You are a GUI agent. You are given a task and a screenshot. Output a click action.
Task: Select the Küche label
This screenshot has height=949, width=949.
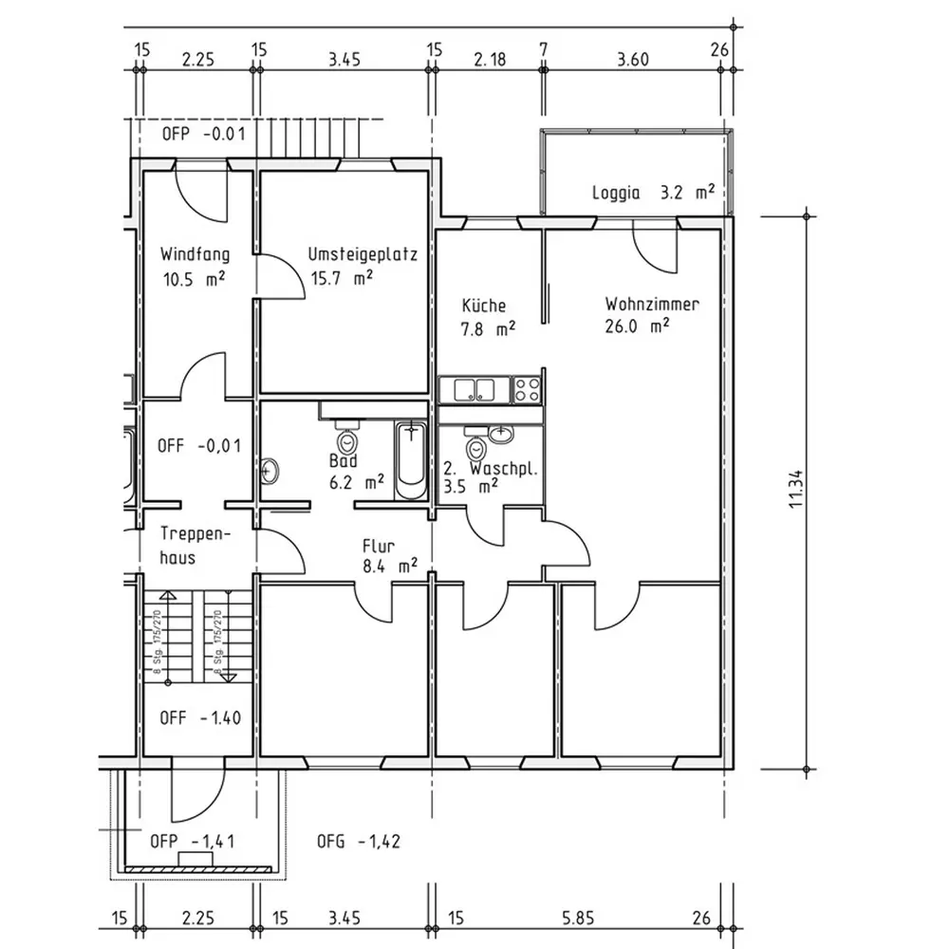coord(484,306)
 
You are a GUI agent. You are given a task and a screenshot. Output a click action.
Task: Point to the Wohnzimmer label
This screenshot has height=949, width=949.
coord(652,305)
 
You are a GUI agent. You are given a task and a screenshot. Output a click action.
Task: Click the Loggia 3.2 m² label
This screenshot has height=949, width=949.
coord(653,193)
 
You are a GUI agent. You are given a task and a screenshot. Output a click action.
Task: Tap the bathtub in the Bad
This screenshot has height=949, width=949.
coord(410,459)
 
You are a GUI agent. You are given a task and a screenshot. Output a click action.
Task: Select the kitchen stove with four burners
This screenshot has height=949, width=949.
coord(527,388)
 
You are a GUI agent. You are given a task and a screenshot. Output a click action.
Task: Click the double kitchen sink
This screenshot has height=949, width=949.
coord(474,388)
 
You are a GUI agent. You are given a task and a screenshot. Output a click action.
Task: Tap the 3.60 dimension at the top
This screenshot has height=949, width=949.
coord(632,59)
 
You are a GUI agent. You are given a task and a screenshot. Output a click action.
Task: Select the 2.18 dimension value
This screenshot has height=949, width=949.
coord(490,59)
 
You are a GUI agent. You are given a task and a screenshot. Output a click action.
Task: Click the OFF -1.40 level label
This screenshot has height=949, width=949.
coord(199,717)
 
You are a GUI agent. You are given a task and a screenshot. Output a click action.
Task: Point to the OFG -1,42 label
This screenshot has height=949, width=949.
coord(357,841)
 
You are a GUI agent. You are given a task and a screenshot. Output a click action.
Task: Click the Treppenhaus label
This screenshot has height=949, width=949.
coord(191,546)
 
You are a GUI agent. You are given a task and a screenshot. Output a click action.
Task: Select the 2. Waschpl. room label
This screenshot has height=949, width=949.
coord(492,469)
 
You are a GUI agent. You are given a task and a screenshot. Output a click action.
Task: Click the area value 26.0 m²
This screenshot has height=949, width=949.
coord(638,326)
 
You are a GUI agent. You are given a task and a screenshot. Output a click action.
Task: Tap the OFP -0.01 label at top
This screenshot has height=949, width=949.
coord(203,134)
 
